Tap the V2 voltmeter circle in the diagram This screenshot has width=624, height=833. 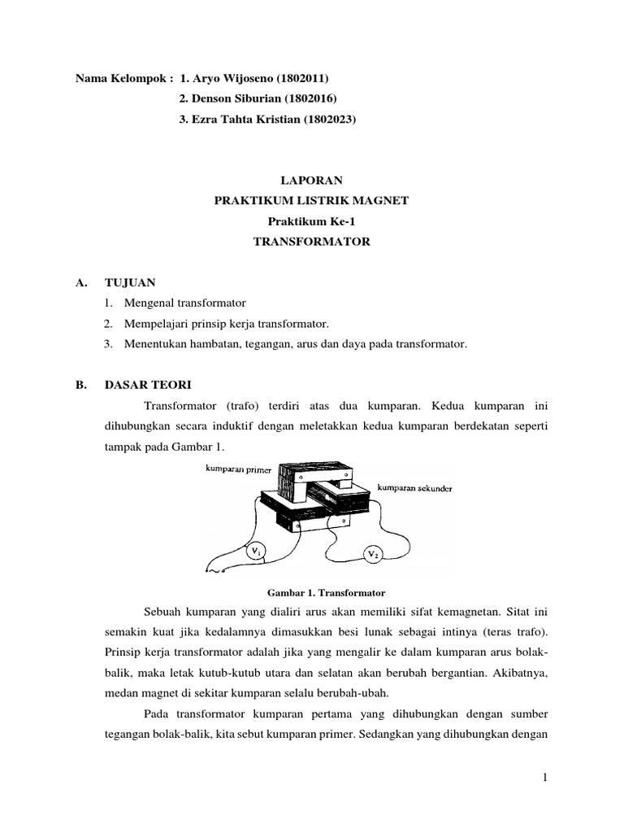[x=373, y=555]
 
